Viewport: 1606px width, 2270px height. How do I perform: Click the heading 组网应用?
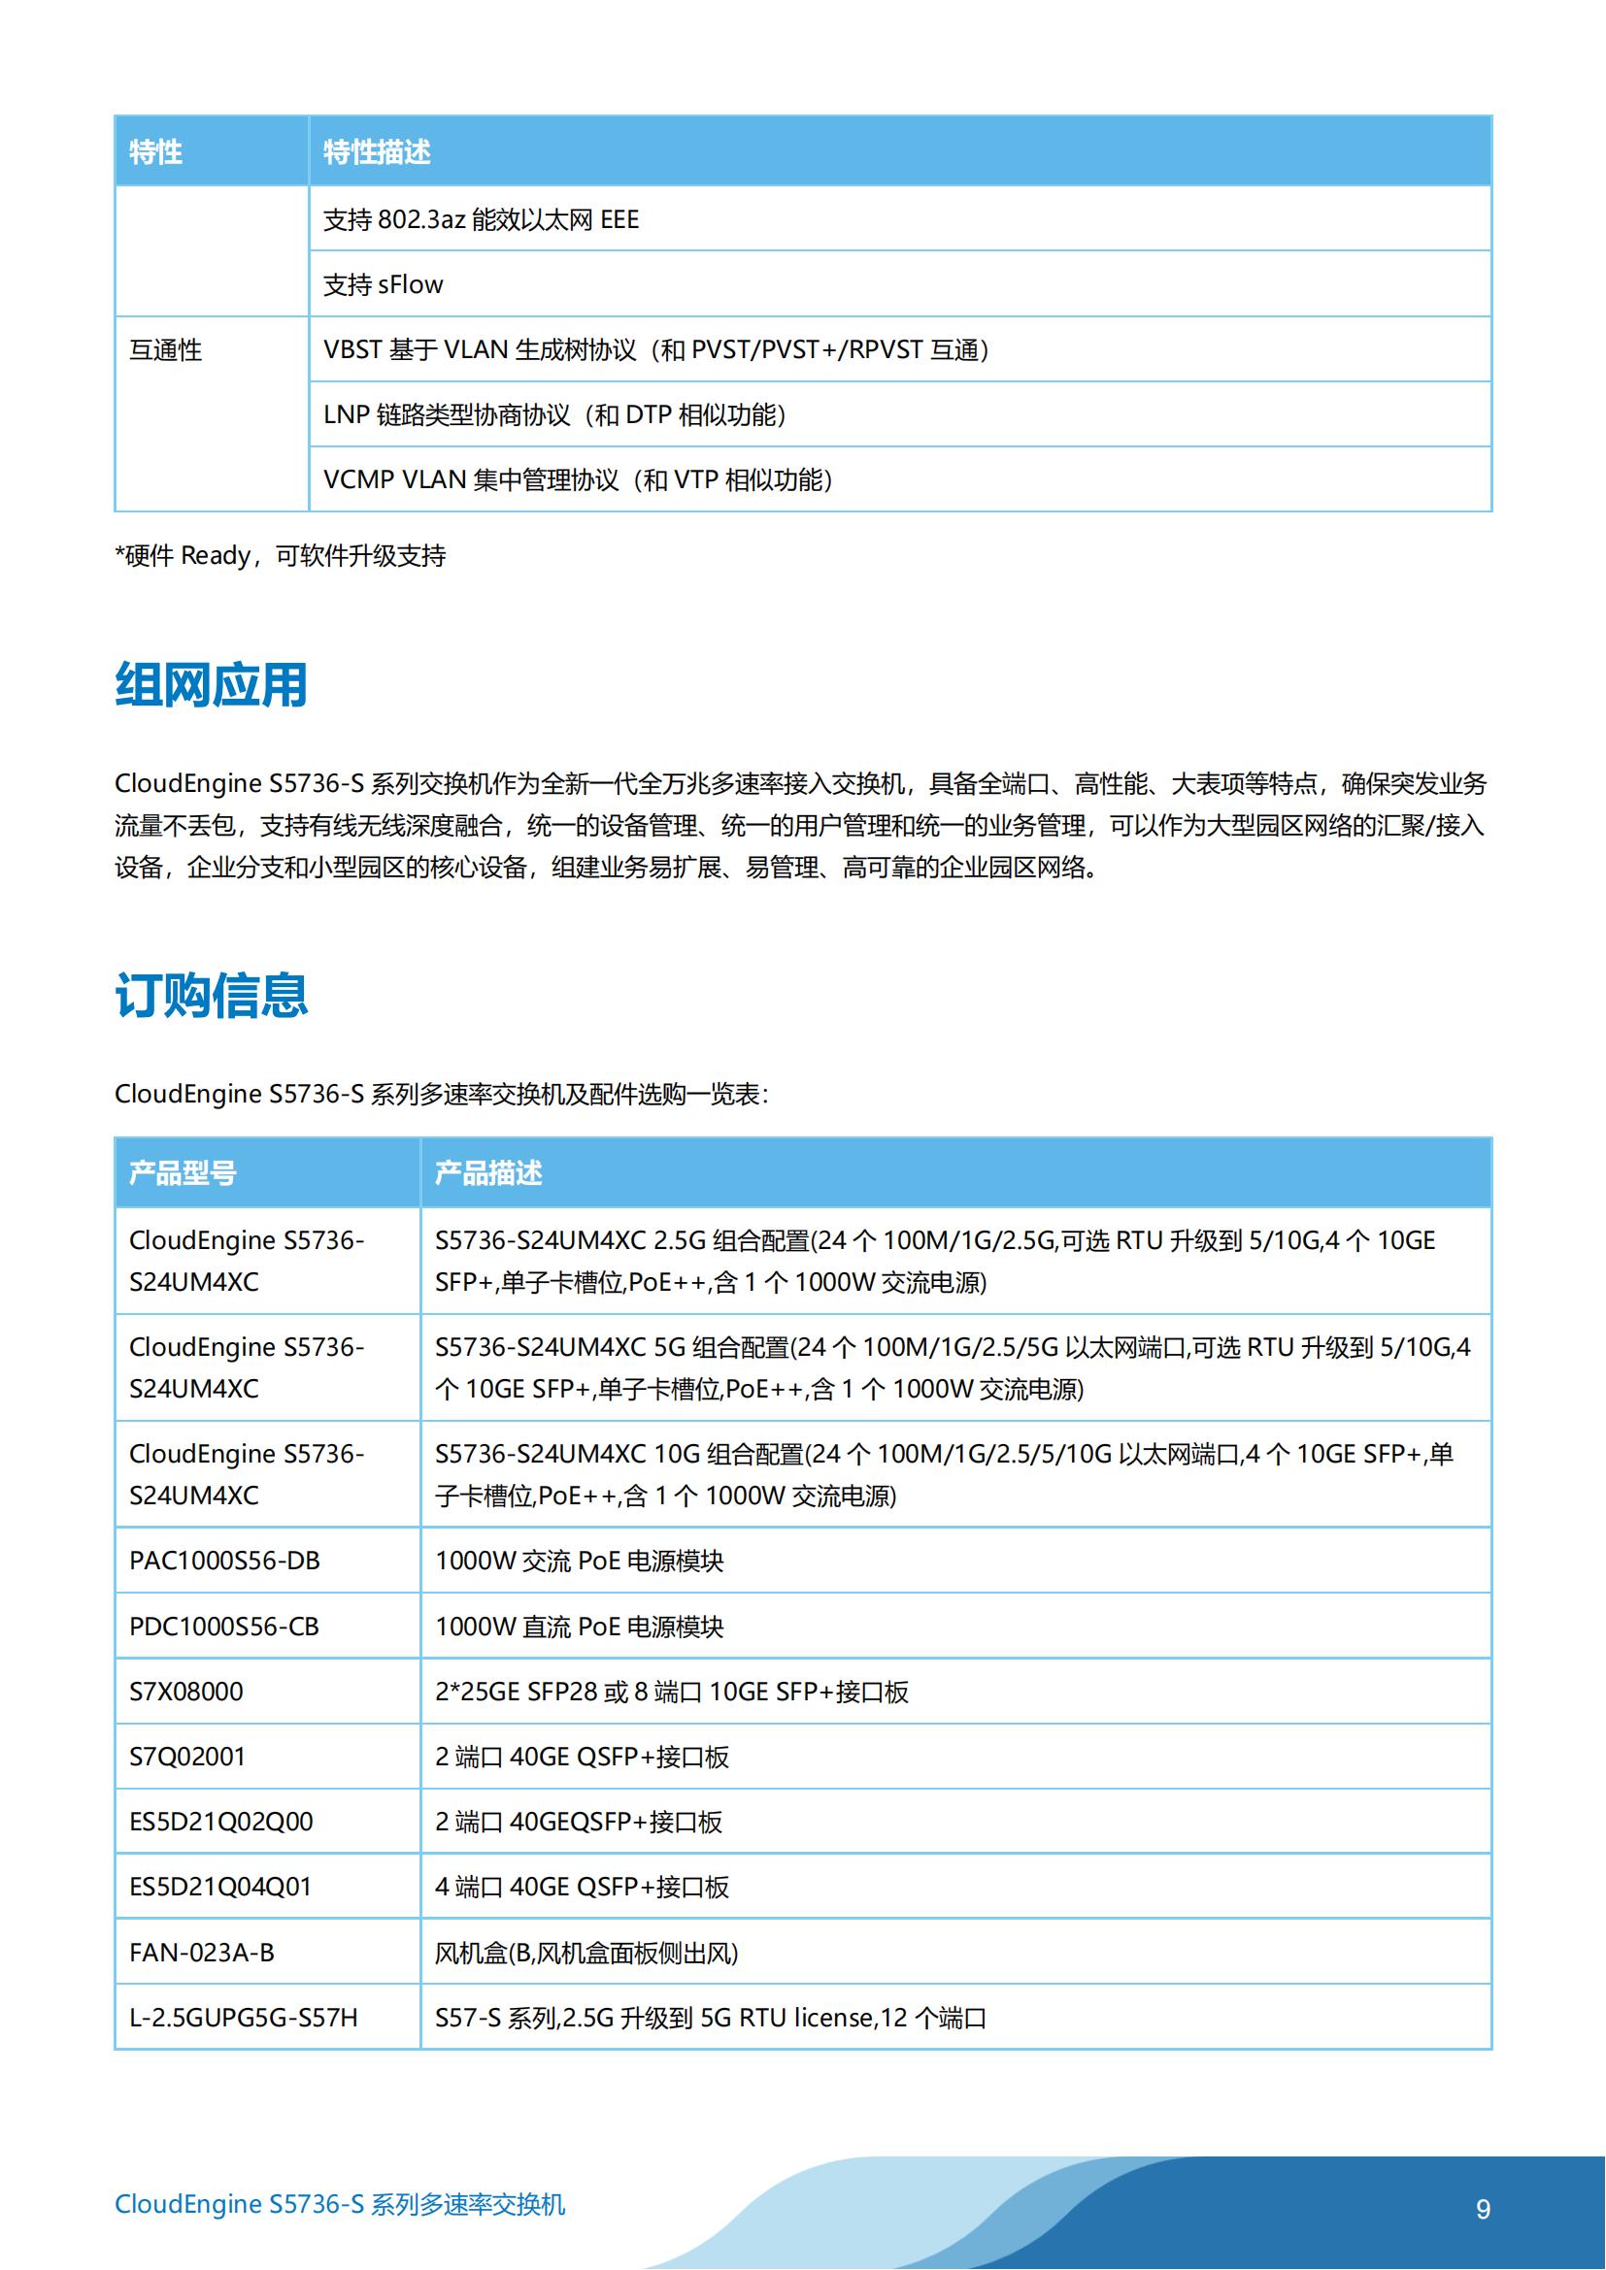click(x=211, y=685)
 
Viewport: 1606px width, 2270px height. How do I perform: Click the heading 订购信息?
click(x=211, y=995)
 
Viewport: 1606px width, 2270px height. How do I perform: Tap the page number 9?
click(x=1483, y=2209)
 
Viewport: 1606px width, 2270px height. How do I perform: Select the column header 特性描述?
click(x=377, y=152)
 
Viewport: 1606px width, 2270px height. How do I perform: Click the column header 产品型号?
click(x=183, y=1173)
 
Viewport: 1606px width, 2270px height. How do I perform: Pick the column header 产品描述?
click(x=488, y=1173)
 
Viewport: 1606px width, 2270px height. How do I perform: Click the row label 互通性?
click(x=165, y=350)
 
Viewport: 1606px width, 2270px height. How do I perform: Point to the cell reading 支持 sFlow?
click(x=384, y=284)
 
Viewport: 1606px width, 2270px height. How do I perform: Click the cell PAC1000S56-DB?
click(x=224, y=1562)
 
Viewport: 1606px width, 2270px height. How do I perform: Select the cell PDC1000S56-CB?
click(x=224, y=1627)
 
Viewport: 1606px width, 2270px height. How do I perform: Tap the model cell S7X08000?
click(x=185, y=1692)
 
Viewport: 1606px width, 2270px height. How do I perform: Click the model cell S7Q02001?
click(x=186, y=1757)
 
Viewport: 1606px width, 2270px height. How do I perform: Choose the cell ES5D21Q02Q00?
click(x=220, y=1823)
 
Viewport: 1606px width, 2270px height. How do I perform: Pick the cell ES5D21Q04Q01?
click(x=220, y=1887)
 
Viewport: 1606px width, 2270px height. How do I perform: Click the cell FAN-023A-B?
click(x=202, y=1953)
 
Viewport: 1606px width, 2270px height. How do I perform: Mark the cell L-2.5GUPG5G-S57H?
click(x=244, y=2018)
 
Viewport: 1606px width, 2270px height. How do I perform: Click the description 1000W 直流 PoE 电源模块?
click(x=580, y=1627)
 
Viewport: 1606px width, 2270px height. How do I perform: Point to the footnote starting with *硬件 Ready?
click(x=281, y=556)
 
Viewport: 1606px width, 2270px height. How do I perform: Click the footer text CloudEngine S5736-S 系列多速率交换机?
click(x=340, y=2205)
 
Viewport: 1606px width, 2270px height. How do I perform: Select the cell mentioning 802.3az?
click(x=481, y=219)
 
